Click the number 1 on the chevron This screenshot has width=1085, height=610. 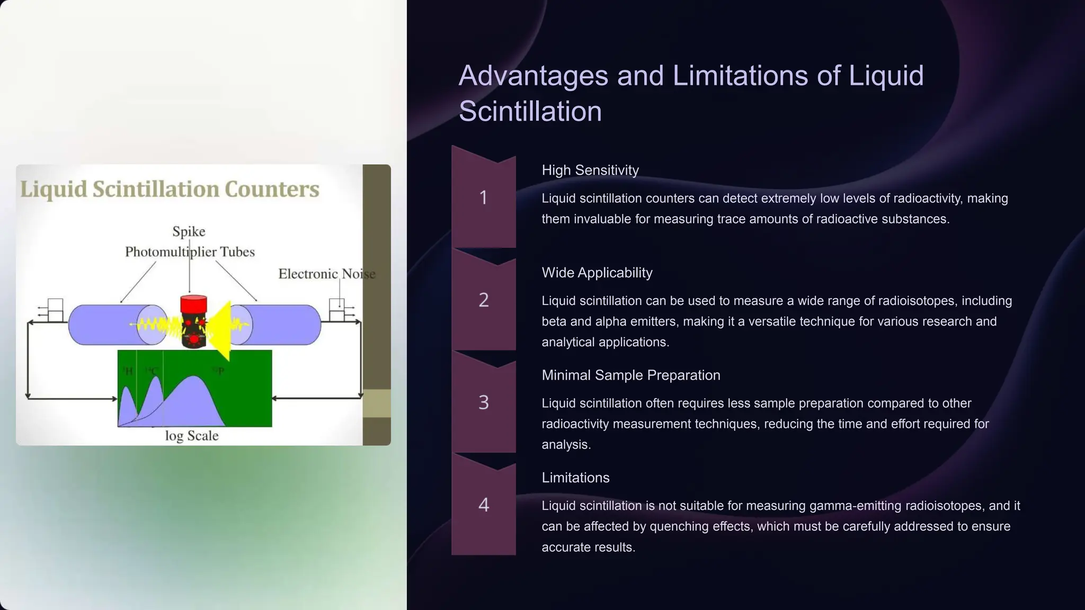point(483,198)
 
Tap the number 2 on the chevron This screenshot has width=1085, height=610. point(483,300)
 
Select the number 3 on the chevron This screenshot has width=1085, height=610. point(483,402)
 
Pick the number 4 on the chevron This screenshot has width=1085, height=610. point(483,505)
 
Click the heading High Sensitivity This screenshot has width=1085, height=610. point(590,170)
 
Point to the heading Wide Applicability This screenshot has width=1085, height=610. point(597,273)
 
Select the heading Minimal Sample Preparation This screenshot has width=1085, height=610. point(630,375)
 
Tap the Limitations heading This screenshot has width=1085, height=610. point(575,478)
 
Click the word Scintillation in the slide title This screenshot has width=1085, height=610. point(530,111)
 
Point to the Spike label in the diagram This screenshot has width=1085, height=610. point(189,231)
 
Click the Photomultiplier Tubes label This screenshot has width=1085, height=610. point(190,252)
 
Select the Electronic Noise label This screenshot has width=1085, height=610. point(326,274)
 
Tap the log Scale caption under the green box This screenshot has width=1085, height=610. point(191,436)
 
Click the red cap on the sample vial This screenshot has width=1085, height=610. point(193,304)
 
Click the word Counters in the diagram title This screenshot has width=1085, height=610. point(272,189)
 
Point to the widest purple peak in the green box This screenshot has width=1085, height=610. point(193,402)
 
